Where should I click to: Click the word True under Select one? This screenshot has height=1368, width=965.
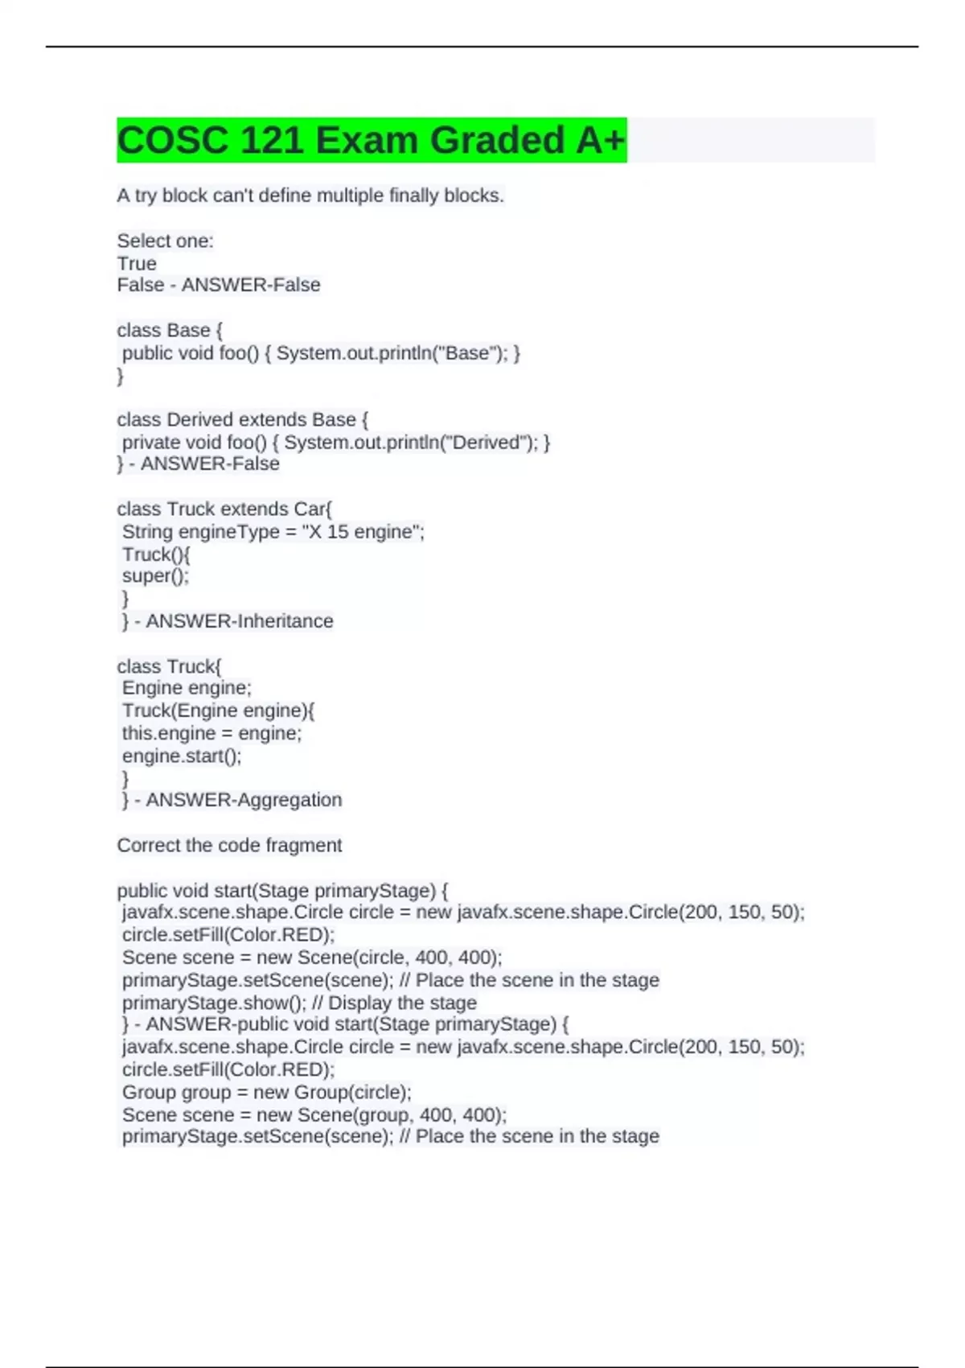(137, 263)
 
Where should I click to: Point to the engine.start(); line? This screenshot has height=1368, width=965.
(182, 756)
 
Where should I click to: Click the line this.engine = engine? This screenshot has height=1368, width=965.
(211, 733)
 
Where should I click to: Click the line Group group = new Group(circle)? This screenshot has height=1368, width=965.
(266, 1092)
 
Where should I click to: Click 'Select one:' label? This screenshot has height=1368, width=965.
(165, 241)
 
